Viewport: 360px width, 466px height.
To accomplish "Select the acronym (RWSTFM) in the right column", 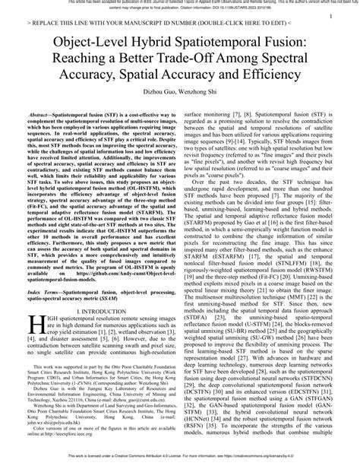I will [321, 236].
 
